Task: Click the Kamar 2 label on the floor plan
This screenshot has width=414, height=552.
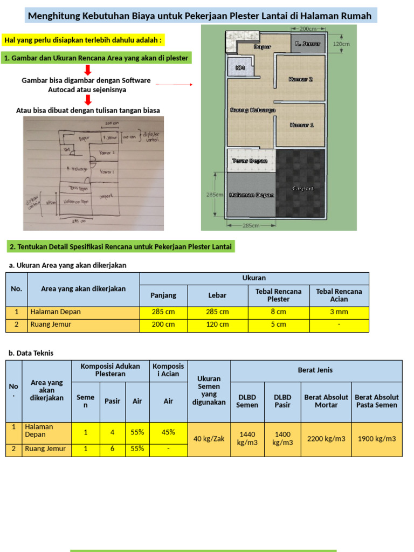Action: [301, 79]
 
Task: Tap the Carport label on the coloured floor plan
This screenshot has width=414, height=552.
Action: [302, 189]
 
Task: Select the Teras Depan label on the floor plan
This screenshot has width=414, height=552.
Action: [250, 161]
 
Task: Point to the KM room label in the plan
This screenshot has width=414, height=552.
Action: [240, 68]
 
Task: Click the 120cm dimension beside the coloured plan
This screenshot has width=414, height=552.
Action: [341, 44]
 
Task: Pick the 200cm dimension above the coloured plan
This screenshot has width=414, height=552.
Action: [307, 28]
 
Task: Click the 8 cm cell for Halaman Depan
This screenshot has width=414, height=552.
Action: [278, 312]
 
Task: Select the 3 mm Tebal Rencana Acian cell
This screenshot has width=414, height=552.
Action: [339, 312]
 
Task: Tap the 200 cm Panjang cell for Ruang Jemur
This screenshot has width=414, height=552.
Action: [163, 325]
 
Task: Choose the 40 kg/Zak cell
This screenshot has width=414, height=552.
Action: [209, 439]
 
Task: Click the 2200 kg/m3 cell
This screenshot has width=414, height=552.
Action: [326, 439]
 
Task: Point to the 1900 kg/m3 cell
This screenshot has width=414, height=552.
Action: [377, 439]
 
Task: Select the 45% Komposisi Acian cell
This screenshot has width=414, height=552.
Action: [168, 432]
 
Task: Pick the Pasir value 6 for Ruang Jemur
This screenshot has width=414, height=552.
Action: [112, 448]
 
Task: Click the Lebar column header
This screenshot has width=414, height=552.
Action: [217, 295]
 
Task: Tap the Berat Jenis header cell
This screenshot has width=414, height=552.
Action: [315, 370]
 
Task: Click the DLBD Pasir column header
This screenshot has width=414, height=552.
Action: [282, 401]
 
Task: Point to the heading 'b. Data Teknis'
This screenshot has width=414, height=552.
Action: [31, 353]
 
